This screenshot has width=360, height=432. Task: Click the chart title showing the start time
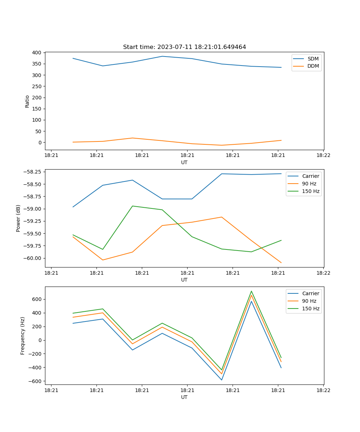(184, 47)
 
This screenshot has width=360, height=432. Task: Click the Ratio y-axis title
(27, 101)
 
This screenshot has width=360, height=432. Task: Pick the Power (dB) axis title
(18, 218)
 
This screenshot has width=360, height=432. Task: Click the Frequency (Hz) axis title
(23, 336)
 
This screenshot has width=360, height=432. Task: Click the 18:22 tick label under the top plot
(323, 156)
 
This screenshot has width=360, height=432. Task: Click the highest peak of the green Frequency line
(251, 291)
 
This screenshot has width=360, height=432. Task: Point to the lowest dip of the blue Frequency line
(222, 380)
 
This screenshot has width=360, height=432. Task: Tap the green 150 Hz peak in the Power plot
(132, 206)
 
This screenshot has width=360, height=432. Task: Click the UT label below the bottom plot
(184, 397)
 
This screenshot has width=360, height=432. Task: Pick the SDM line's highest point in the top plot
(162, 56)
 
